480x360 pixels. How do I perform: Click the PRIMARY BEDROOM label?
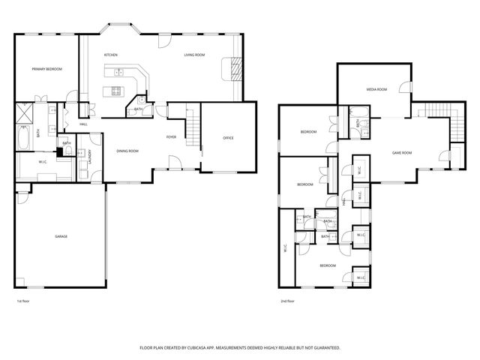46,69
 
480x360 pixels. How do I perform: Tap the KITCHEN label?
110,55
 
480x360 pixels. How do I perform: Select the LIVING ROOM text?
195,55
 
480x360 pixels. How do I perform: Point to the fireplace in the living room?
235,70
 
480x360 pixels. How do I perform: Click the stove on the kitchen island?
116,91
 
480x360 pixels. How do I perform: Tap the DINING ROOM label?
127,151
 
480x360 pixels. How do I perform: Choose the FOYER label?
171,137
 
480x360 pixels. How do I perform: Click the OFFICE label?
228,138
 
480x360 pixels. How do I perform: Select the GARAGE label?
61,236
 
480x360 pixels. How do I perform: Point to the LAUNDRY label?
90,157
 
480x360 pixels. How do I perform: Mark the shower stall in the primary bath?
25,114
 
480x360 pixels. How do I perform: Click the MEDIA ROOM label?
376,89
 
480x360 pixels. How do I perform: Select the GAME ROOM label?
402,153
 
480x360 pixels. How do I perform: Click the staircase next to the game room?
436,112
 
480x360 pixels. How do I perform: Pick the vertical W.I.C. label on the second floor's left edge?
286,248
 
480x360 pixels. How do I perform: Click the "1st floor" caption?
24,301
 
